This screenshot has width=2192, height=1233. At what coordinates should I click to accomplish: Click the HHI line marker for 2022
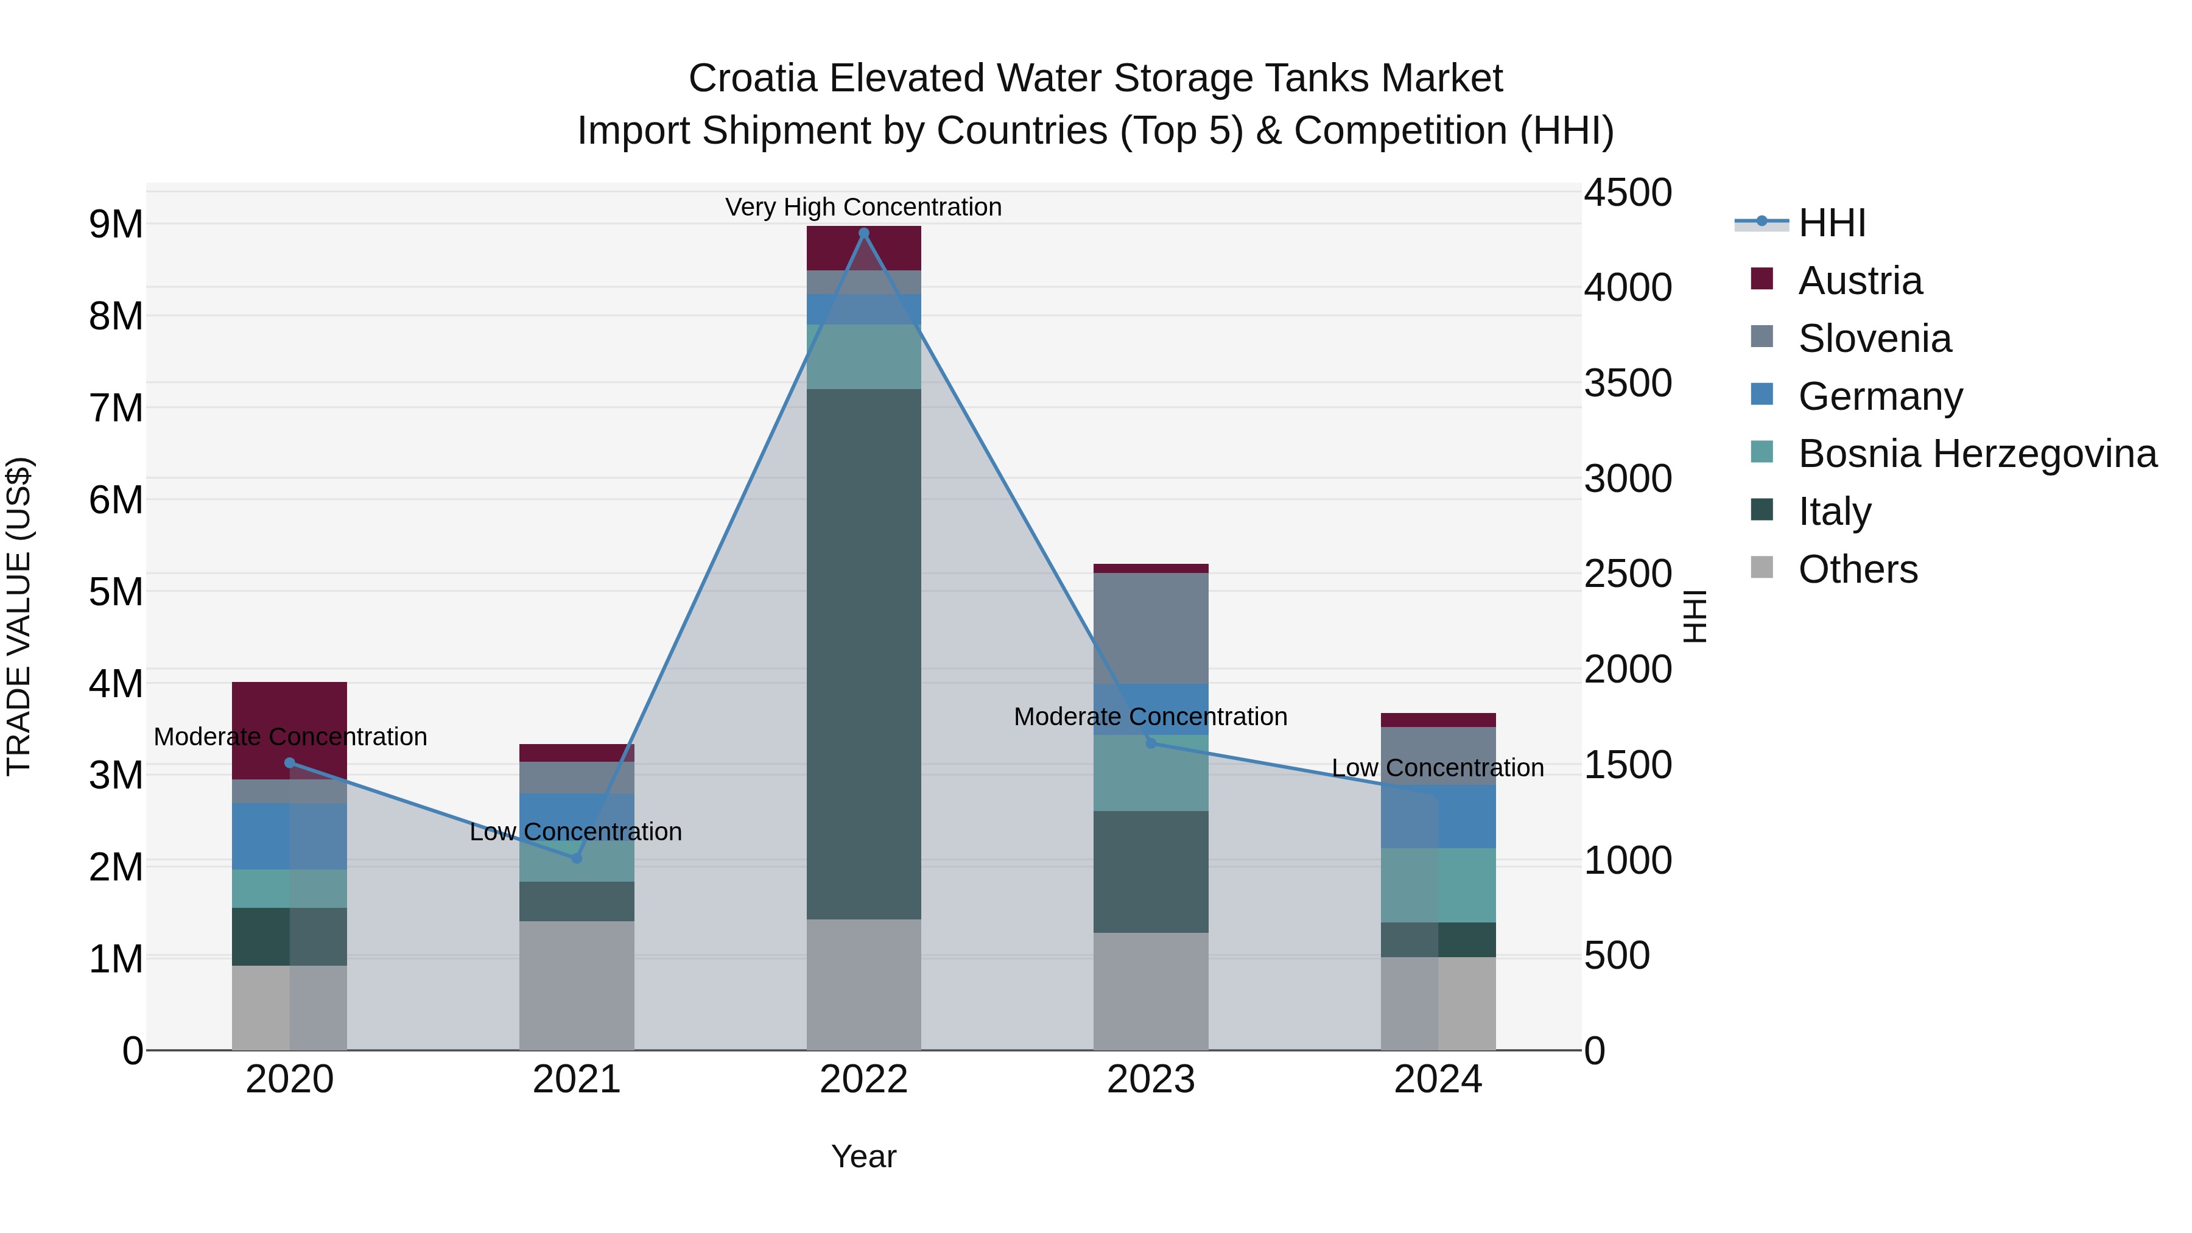[863, 233]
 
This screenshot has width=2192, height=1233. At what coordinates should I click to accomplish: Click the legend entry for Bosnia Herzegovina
[1976, 454]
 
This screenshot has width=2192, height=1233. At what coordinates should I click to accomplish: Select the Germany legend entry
[1880, 396]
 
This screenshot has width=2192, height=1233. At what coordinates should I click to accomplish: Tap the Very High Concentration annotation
[863, 207]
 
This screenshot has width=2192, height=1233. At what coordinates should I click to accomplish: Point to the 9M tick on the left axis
[116, 225]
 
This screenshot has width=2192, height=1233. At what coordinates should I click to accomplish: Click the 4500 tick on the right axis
[1627, 192]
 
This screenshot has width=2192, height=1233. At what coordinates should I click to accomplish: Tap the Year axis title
[863, 1156]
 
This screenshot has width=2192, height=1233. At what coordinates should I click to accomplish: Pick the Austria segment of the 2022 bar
[863, 248]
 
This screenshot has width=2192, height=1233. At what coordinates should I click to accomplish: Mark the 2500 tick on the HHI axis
[1627, 574]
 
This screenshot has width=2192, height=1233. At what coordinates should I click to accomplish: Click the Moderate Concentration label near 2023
[1150, 717]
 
